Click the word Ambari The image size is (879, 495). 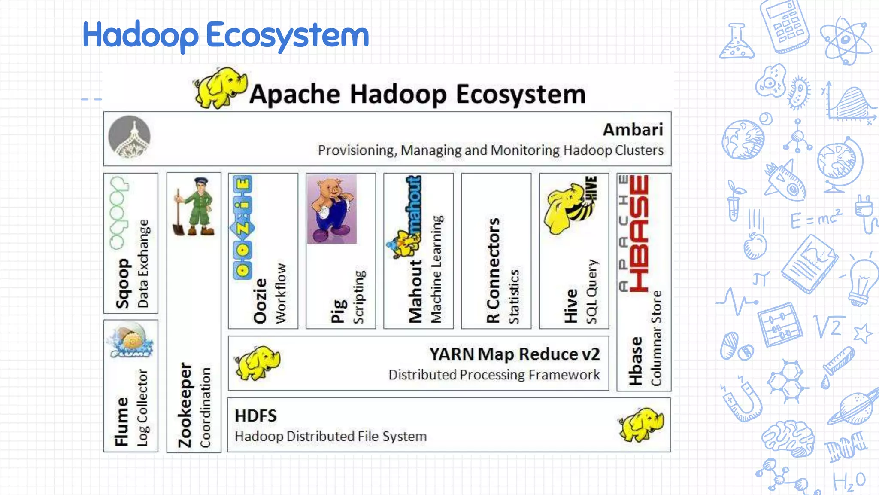pyautogui.click(x=633, y=130)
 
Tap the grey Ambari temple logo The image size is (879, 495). pyautogui.click(x=129, y=137)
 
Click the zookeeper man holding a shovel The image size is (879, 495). pyautogui.click(x=194, y=207)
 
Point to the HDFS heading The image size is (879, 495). pyautogui.click(x=256, y=416)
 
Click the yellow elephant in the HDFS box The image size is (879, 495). pyautogui.click(x=641, y=425)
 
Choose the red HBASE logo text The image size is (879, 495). pyautogui.click(x=639, y=234)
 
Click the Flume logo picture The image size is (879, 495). pyautogui.click(x=130, y=342)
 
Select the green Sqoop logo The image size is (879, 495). pyautogui.click(x=118, y=213)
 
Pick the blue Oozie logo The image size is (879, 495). pyautogui.click(x=242, y=228)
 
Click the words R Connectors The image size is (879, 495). pyautogui.click(x=493, y=270)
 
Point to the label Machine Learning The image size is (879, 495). pyautogui.click(x=436, y=269)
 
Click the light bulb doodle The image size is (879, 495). pyautogui.click(x=863, y=281)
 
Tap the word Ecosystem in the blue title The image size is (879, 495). pyautogui.click(x=287, y=35)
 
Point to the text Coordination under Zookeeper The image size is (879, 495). pyautogui.click(x=206, y=407)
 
